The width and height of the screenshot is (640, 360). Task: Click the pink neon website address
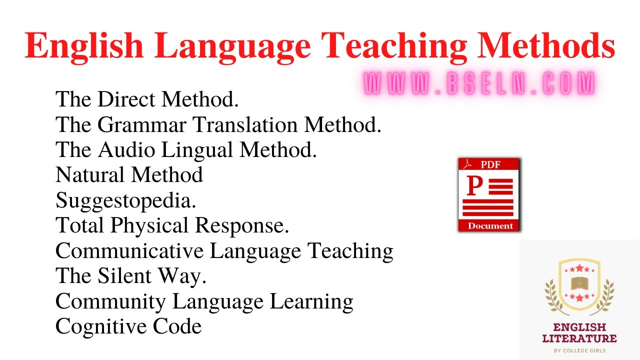tap(479, 83)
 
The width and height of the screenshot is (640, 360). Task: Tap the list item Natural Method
tap(129, 175)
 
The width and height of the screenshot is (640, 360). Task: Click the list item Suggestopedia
tap(125, 200)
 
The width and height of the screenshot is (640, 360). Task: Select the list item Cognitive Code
tap(128, 326)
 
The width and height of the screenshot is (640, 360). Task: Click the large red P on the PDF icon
tap(474, 186)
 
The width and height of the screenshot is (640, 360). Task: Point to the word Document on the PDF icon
tap(490, 226)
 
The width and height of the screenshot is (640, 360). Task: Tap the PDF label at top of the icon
tap(490, 165)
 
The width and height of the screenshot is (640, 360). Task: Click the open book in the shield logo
tap(579, 283)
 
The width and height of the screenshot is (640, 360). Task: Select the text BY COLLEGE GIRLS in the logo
tap(579, 350)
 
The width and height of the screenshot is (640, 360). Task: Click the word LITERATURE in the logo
tap(579, 338)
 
